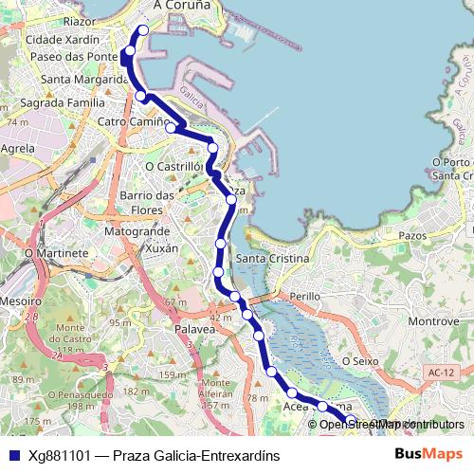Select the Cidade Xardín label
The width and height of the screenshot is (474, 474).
pyautogui.click(x=63, y=40)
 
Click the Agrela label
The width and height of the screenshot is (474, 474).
pyautogui.click(x=19, y=149)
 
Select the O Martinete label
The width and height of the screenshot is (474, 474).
pyautogui.click(x=49, y=253)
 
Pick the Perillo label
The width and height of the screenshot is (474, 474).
pyautogui.click(x=304, y=296)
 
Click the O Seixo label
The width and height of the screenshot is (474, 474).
pyautogui.click(x=360, y=360)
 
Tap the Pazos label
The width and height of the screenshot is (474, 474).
pyautogui.click(x=413, y=234)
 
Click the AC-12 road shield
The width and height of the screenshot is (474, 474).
pyautogui.click(x=435, y=373)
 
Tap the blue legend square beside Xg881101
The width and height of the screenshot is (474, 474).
pyautogui.click(x=13, y=455)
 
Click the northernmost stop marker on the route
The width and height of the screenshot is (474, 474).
pyautogui.click(x=144, y=30)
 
